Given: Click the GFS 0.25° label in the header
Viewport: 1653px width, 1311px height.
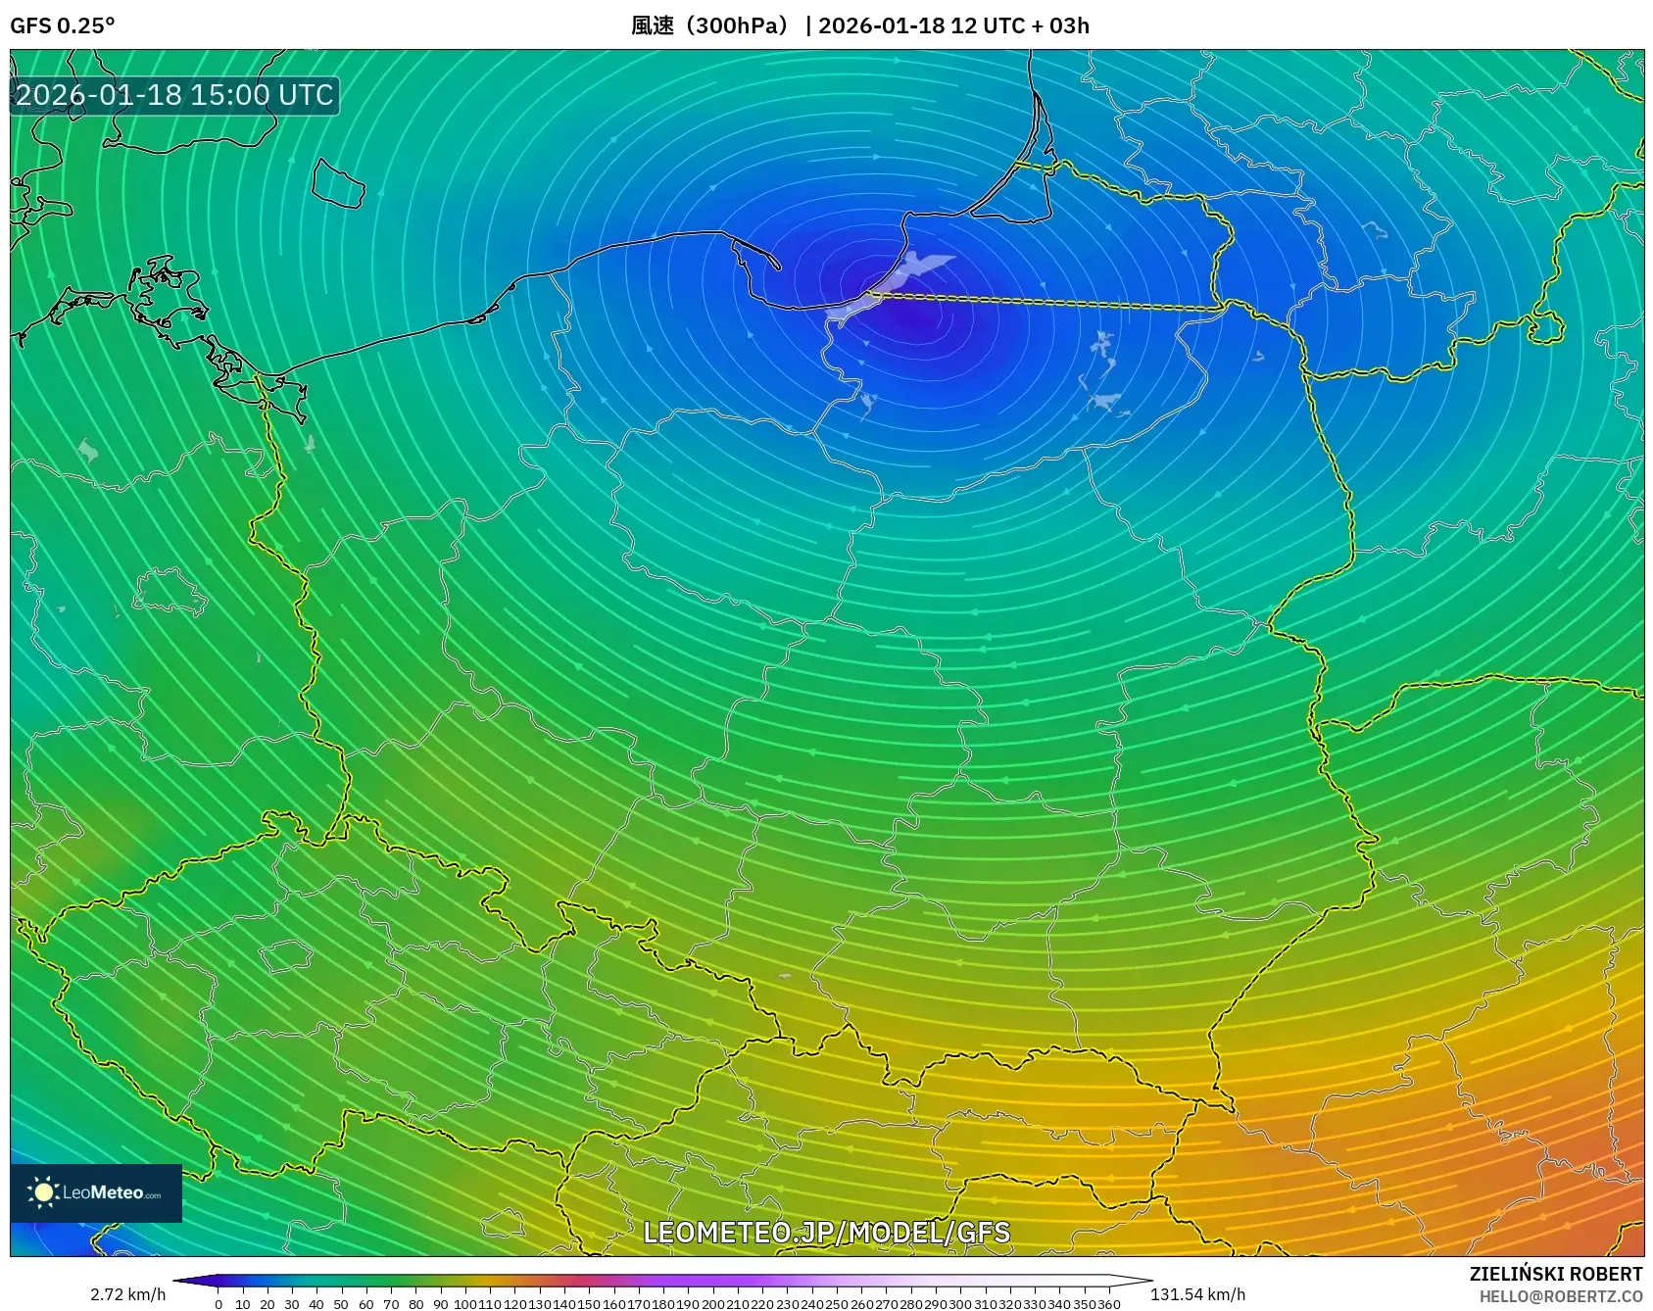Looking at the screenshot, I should pos(62,25).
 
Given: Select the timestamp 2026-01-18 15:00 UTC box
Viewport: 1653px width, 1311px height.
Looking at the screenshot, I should pos(174,95).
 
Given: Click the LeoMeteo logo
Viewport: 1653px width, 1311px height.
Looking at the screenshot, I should pos(96,1192).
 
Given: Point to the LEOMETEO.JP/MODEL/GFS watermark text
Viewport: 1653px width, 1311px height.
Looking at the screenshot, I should pos(826,1232).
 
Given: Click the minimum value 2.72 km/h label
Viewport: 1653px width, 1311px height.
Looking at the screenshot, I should pos(127,1294).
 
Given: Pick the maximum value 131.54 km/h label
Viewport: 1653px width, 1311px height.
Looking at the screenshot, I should pos(1197,1294).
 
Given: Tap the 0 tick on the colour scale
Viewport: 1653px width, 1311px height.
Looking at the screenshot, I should pos(218,1304).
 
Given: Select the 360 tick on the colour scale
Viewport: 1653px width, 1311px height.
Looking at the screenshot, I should pos(1108,1304).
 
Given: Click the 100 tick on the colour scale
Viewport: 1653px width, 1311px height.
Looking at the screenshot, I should pos(465,1304).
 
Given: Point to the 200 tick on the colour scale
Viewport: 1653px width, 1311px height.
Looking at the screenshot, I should pos(712,1304).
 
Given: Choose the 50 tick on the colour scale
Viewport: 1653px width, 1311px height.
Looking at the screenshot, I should pos(341,1304).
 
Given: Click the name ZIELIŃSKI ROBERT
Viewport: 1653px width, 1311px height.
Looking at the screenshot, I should pos(1555,1274).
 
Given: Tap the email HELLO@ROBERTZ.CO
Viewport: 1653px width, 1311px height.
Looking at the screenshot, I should pos(1560,1296).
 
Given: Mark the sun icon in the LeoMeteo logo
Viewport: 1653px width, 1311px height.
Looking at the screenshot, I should pos(43,1191).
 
